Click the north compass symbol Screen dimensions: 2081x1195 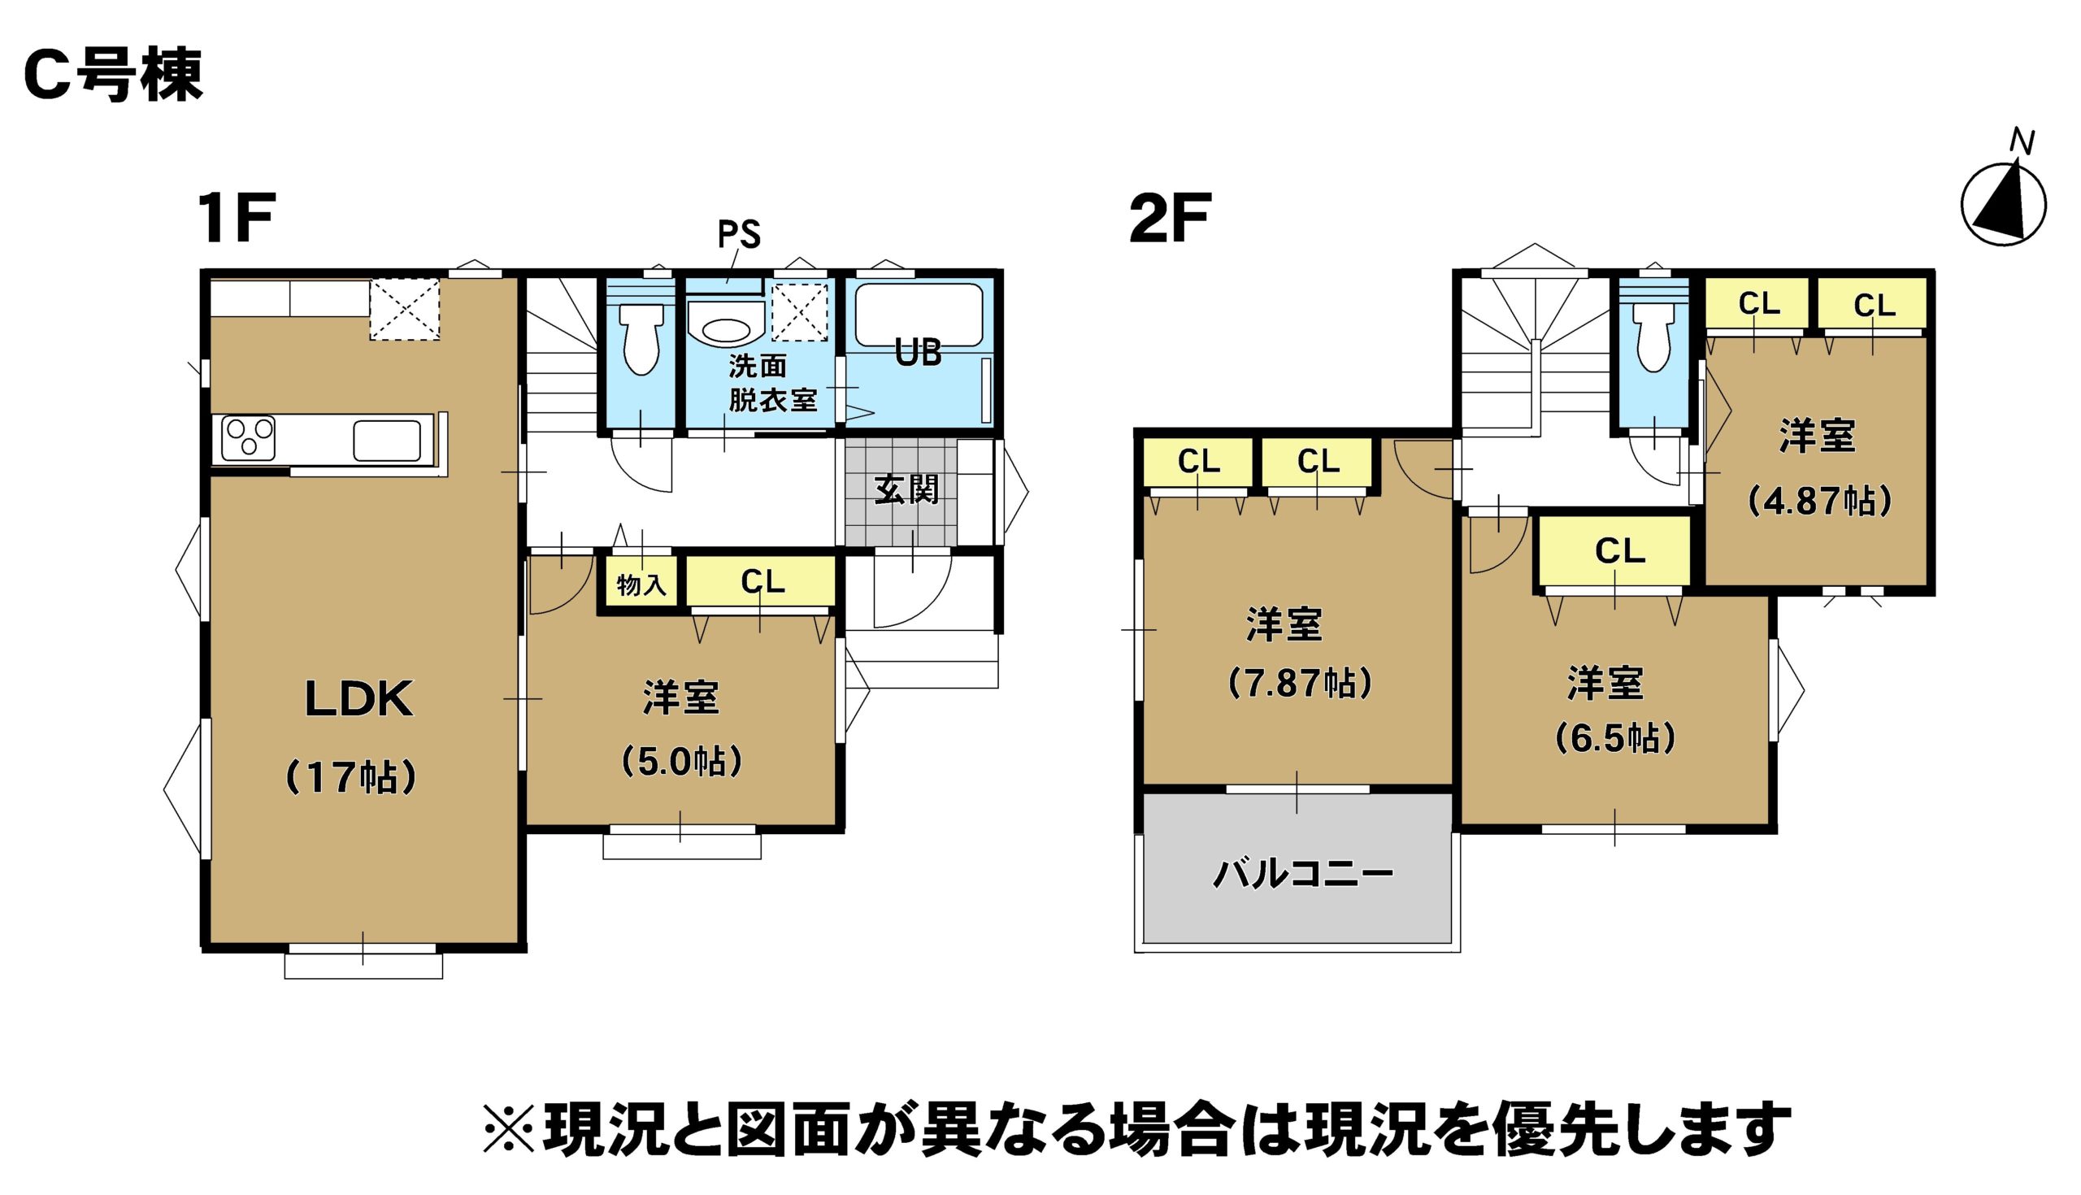tap(2003, 203)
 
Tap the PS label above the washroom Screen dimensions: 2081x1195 tap(739, 236)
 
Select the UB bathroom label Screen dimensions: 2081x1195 tap(918, 353)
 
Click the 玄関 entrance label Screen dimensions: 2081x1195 tap(906, 490)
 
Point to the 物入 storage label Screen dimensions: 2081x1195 tap(641, 585)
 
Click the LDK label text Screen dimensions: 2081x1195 tap(358, 700)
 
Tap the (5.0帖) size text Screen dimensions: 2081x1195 tap(681, 762)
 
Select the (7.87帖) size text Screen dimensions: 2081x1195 tap(1299, 683)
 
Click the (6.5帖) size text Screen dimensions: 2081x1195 tap(1615, 739)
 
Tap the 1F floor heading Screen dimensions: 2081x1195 tap(237, 219)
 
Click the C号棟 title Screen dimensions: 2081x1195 tap(113, 76)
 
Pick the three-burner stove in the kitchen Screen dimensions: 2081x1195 tap(249, 437)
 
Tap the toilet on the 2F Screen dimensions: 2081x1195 tap(1653, 337)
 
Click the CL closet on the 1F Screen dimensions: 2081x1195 tap(762, 582)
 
